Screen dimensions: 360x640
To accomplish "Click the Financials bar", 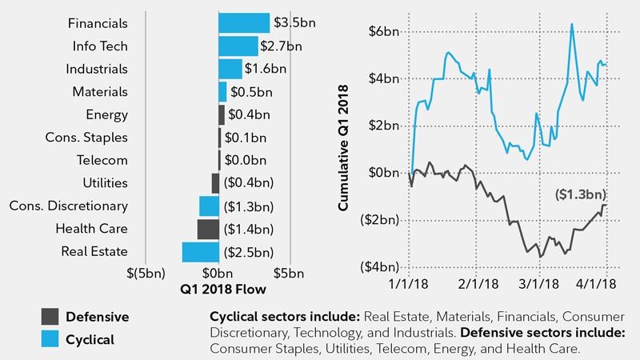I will pyautogui.click(x=244, y=22).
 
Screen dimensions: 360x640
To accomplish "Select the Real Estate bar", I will pyautogui.click(x=200, y=252).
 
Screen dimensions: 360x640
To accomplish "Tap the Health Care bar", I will pyautogui.click(x=208, y=229).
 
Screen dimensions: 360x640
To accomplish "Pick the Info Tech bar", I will pyautogui.click(x=238, y=46).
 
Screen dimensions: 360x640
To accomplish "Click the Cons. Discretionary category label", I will pyautogui.click(x=69, y=206).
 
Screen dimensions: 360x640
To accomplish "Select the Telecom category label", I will pyautogui.click(x=102, y=160).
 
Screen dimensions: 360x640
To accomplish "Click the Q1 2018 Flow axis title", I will pyautogui.click(x=218, y=289).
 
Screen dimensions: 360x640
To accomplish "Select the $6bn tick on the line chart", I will pyautogui.click(x=380, y=32).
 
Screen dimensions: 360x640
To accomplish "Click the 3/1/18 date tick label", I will pyautogui.click(x=540, y=283).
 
